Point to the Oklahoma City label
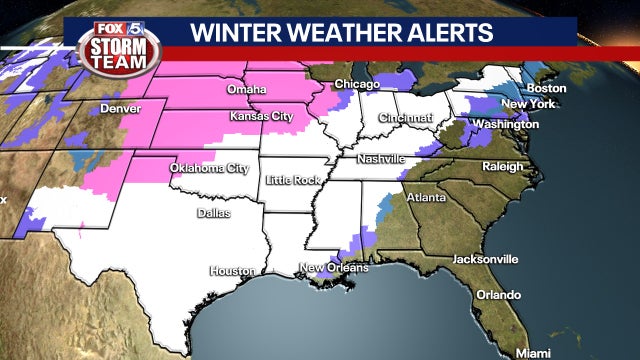[209, 167]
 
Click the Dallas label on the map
[212, 213]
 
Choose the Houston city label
[232, 271]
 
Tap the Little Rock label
[292, 180]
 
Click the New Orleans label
[334, 268]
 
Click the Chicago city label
[357, 83]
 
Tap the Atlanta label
[426, 198]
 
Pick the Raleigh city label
[502, 166]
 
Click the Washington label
[506, 125]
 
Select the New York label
[521, 104]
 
